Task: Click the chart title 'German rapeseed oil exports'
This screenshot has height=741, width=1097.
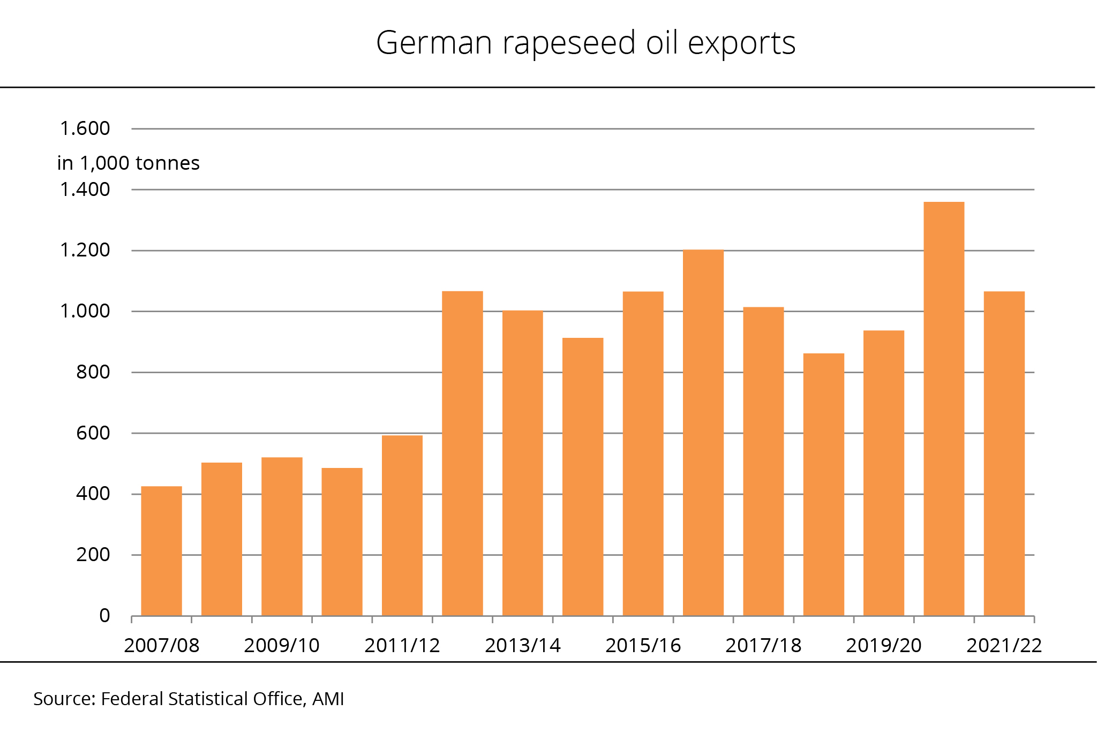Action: tap(585, 43)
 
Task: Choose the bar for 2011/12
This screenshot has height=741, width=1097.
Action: tap(402, 525)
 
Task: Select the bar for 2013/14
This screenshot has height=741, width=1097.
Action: tap(522, 463)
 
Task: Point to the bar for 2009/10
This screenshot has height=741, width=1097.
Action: tap(282, 536)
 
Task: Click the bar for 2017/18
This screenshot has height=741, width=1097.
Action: tap(763, 461)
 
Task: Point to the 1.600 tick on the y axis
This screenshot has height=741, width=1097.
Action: tap(85, 128)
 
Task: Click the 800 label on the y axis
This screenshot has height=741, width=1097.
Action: tap(93, 372)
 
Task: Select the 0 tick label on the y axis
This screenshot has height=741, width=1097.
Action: tap(104, 616)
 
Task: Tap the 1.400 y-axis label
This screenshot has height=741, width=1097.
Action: tap(85, 190)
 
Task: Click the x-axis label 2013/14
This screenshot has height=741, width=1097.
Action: tap(522, 646)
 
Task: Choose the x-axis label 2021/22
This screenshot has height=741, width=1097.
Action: tap(1004, 646)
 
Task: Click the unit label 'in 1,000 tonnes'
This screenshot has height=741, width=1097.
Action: tap(128, 163)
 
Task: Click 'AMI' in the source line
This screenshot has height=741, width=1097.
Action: tap(328, 699)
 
